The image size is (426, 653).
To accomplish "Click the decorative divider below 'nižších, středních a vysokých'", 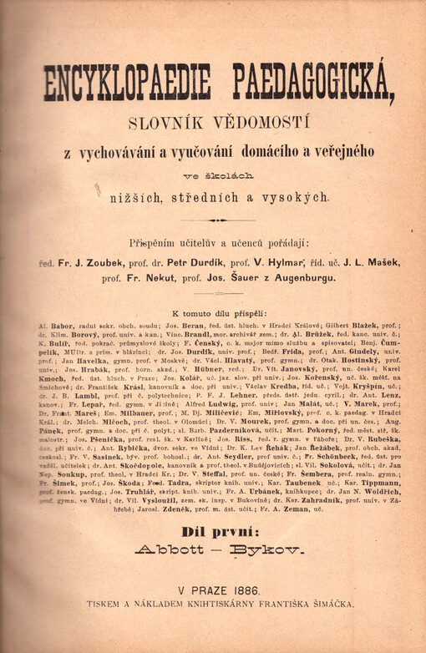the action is tap(221, 220).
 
